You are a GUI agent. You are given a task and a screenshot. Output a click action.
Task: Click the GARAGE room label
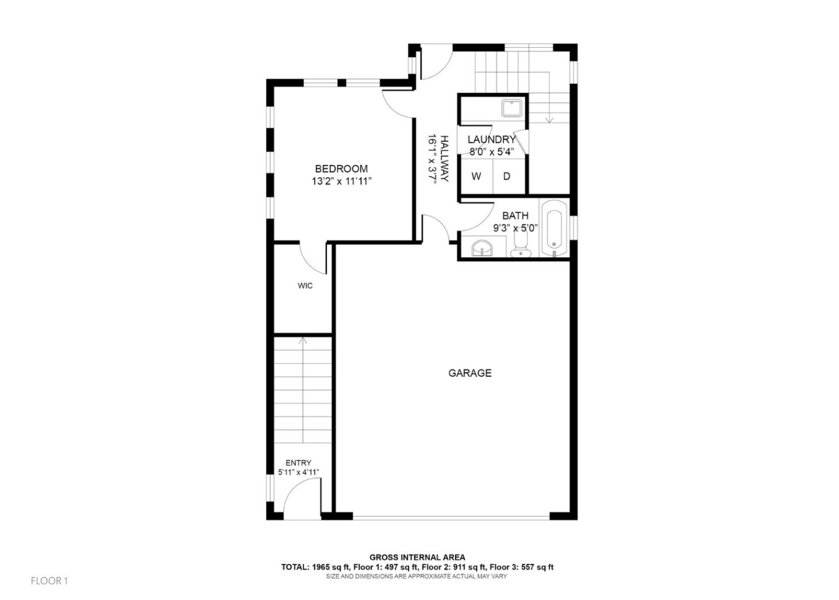click(470, 373)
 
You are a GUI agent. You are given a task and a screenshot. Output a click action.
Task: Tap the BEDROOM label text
click(341, 169)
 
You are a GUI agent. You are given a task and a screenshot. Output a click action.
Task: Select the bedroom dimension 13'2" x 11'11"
click(341, 181)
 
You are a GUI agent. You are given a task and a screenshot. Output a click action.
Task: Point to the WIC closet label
click(305, 286)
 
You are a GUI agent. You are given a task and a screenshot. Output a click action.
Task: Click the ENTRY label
click(298, 463)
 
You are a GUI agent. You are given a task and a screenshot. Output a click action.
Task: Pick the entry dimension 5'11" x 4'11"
click(298, 472)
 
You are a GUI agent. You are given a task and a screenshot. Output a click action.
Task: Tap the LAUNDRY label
click(491, 140)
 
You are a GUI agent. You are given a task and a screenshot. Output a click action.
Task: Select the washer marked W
click(476, 176)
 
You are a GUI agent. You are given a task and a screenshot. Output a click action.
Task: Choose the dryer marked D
click(507, 176)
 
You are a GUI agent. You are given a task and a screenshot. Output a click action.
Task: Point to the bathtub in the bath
click(554, 228)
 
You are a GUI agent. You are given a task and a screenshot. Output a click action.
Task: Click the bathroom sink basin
click(482, 248)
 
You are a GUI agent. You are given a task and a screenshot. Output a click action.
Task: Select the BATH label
click(515, 216)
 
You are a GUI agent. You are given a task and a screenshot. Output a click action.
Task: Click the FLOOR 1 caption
click(50, 581)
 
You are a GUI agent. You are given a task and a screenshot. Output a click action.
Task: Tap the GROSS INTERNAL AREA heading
click(417, 557)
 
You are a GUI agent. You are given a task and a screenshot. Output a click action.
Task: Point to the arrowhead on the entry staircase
click(302, 340)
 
